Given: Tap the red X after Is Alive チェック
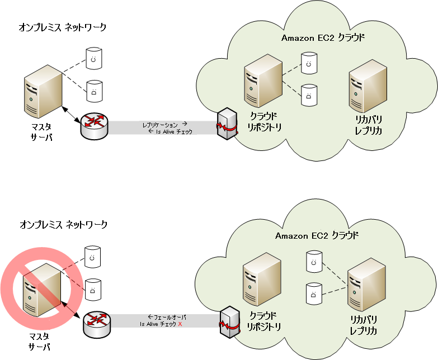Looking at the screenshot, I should (180, 324).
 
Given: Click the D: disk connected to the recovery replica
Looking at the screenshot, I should (314, 292).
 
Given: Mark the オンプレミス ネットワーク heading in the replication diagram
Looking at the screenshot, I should (63, 27).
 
